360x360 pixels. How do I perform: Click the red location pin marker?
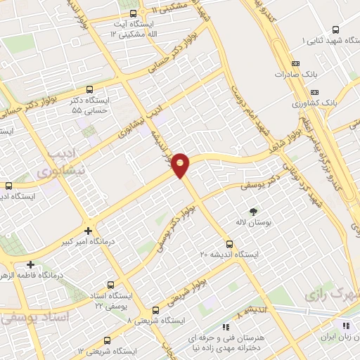pyautogui.click(x=181, y=165)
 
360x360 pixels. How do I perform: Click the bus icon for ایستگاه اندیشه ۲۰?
pyautogui.click(x=238, y=243)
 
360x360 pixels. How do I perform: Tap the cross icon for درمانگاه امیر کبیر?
pyautogui.click(x=88, y=231)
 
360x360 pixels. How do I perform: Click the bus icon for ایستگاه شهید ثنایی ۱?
pyautogui.click(x=336, y=30)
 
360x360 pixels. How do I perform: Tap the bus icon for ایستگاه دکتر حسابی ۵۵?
pyautogui.click(x=89, y=89)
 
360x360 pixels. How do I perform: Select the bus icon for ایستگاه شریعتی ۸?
pyautogui.click(x=156, y=309)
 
